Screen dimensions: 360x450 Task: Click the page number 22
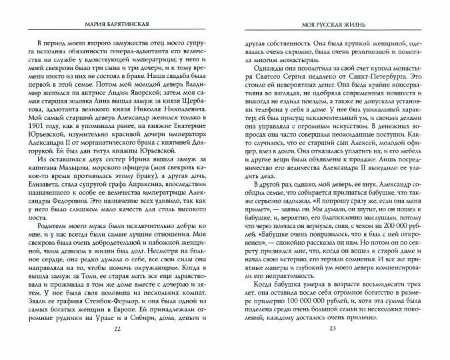click(x=117, y=347)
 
